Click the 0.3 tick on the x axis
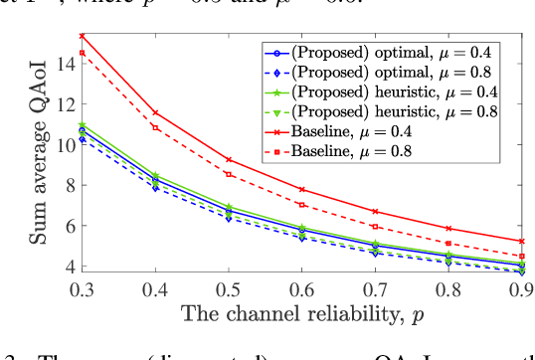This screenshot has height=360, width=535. click(x=83, y=286)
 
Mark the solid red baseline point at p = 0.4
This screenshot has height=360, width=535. click(x=156, y=112)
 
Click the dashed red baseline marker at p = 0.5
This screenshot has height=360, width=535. click(x=230, y=174)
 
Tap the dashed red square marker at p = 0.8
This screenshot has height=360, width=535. click(x=450, y=243)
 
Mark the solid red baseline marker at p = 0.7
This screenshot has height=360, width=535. click(x=377, y=212)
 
